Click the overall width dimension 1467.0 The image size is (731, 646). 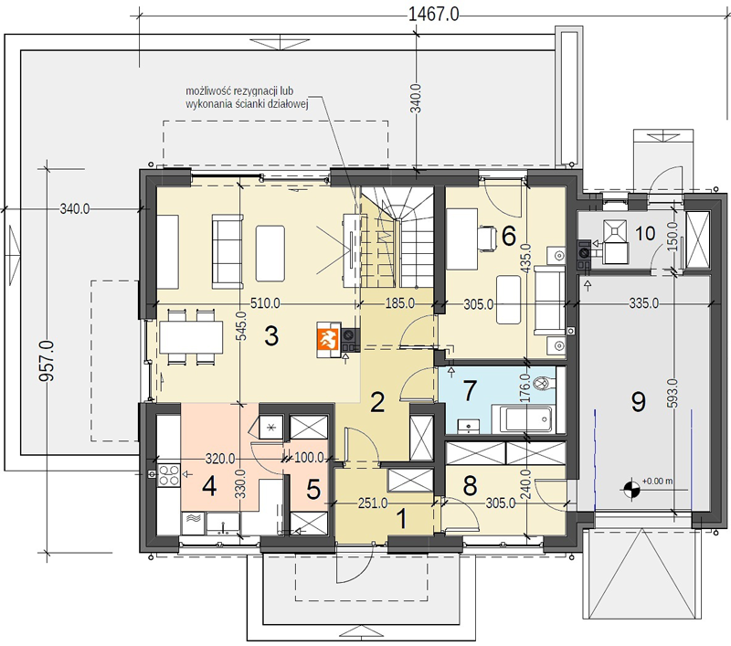[x=433, y=15]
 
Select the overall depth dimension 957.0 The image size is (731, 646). [x=47, y=361]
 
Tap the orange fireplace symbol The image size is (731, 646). [x=328, y=339]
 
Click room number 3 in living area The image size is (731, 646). [x=271, y=335]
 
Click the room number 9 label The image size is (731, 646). [x=638, y=401]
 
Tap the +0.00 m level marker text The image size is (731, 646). [x=657, y=481]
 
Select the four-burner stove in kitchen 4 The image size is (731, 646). [x=169, y=475]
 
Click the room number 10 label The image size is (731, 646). [x=645, y=233]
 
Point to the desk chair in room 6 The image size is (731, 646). [x=487, y=238]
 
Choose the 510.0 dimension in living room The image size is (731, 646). [x=265, y=303]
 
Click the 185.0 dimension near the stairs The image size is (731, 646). [x=399, y=303]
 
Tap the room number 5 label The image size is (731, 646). [x=313, y=490]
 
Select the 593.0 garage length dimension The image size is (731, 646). [x=673, y=393]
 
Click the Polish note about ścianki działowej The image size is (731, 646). [x=247, y=98]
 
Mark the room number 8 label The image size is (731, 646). [x=470, y=485]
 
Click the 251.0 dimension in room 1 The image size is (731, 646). [x=373, y=503]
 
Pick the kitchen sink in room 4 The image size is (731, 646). [x=223, y=524]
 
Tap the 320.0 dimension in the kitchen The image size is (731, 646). [x=220, y=459]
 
